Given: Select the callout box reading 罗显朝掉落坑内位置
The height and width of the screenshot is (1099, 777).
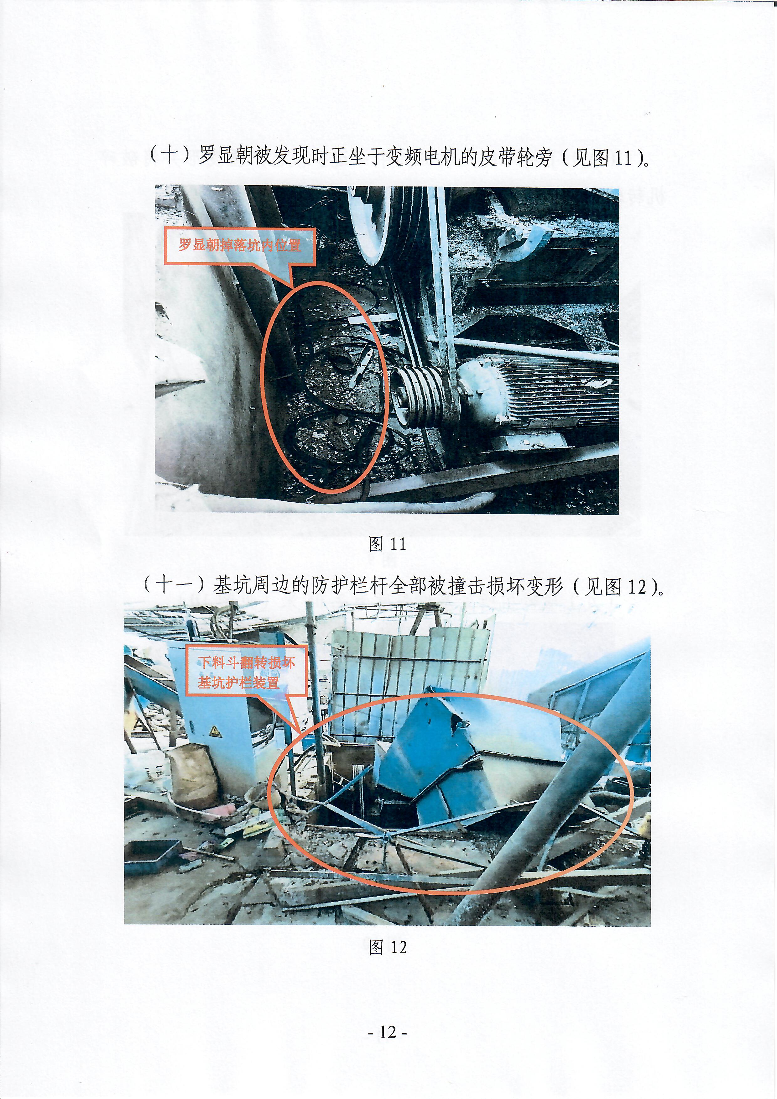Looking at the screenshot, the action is (240, 246).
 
